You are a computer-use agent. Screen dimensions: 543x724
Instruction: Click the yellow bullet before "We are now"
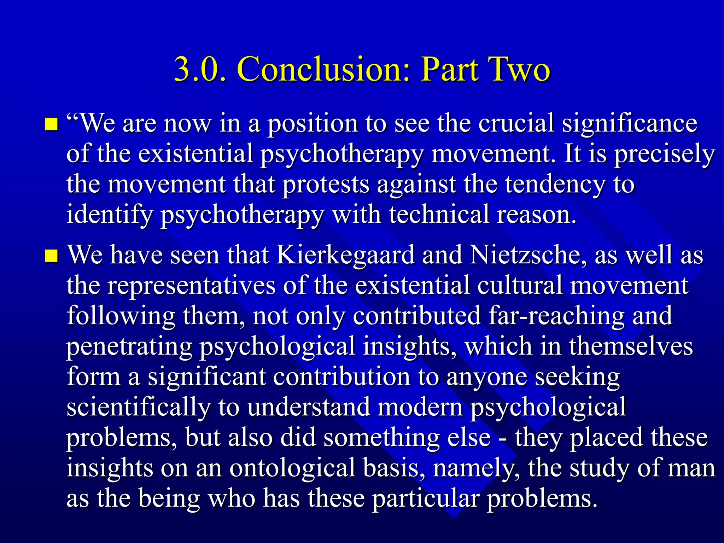(52, 124)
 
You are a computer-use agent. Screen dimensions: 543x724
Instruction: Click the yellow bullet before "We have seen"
(52, 256)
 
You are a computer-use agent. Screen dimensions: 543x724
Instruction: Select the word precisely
(665, 154)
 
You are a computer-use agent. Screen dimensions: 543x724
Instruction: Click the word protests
(325, 185)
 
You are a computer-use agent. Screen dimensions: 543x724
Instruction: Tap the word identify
(110, 215)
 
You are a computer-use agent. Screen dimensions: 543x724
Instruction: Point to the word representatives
(191, 286)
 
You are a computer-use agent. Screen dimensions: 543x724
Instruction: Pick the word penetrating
(129, 346)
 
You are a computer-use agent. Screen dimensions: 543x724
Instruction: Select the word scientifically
(138, 407)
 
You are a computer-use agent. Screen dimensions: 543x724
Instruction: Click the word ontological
(292, 468)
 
